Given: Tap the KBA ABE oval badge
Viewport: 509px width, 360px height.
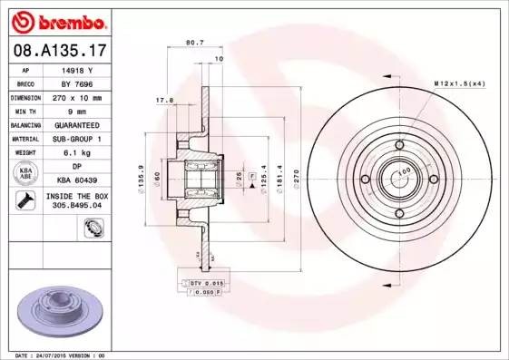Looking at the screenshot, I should pyautogui.click(x=26, y=173).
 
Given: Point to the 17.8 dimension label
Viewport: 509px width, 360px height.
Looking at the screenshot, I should pyautogui.click(x=164, y=100).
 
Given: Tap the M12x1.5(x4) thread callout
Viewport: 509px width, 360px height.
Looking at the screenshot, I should pyautogui.click(x=459, y=83).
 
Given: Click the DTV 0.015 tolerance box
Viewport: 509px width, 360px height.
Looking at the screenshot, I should pyautogui.click(x=207, y=284).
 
